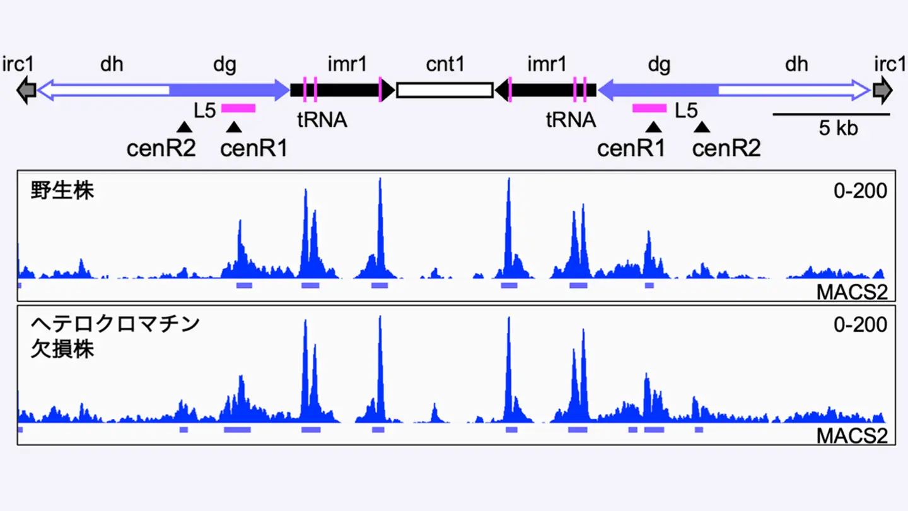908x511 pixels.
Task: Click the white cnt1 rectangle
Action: (445, 90)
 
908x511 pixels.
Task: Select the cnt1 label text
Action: (445, 64)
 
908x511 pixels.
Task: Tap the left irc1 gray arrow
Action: (26, 90)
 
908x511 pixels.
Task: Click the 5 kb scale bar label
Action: (839, 129)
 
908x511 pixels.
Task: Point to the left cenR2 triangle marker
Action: (184, 127)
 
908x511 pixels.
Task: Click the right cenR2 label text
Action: (726, 149)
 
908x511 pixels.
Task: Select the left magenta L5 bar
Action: (238, 109)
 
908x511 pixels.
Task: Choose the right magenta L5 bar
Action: (649, 109)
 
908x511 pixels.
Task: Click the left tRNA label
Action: (323, 120)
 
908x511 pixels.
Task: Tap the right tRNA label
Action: (571, 120)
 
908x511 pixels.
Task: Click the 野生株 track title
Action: (62, 190)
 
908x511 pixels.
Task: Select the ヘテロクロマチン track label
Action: (115, 324)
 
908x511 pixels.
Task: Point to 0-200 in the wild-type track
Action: (860, 191)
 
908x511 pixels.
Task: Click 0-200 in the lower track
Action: (860, 325)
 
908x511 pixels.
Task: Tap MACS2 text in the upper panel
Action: (851, 291)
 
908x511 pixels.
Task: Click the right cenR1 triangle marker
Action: (655, 127)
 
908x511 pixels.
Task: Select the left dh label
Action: (112, 64)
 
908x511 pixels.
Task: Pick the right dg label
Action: (660, 64)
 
